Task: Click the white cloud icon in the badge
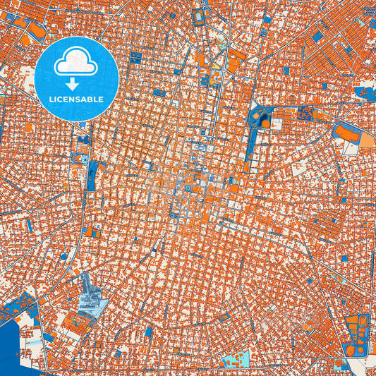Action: coord(76,62)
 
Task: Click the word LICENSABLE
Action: coord(76,99)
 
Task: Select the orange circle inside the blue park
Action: coord(265,123)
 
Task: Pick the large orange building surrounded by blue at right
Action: coord(346,132)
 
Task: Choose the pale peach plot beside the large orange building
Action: coord(368,140)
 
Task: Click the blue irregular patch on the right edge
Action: coord(365,92)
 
